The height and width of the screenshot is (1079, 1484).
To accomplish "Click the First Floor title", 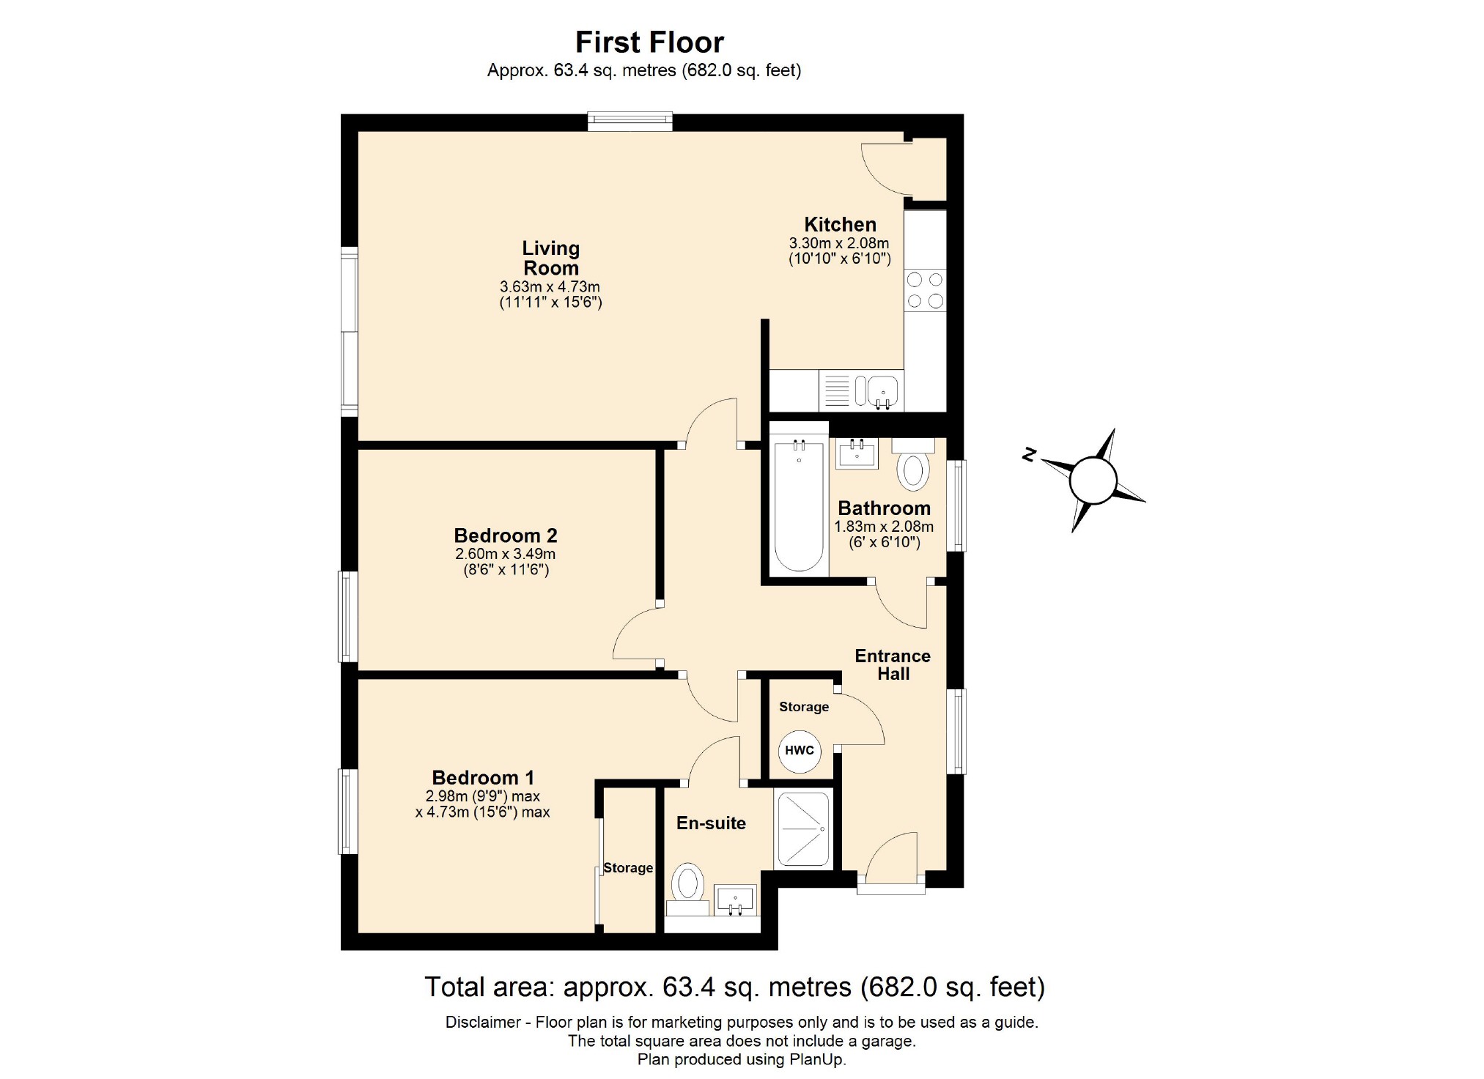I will (649, 42).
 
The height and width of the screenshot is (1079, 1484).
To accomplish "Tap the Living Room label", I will (550, 258).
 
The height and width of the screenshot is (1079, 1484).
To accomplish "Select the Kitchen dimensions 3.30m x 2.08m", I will (838, 243).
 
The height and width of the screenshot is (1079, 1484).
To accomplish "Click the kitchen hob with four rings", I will (925, 290).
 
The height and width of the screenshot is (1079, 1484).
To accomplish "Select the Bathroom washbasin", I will (857, 453).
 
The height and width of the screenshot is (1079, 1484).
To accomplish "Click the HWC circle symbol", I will (799, 750).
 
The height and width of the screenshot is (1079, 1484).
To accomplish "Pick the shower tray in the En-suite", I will (804, 828).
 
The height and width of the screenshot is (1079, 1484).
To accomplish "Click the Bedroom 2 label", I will (505, 535).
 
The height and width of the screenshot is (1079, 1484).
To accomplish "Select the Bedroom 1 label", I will (482, 777).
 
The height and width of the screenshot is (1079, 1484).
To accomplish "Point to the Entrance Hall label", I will (892, 664).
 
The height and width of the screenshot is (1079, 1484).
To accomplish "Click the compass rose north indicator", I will (1029, 455).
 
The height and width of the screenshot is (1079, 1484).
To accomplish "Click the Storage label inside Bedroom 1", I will (627, 868).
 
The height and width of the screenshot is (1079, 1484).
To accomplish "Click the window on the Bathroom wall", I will (956, 505).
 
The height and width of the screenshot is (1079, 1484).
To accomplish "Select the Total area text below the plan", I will (734, 987).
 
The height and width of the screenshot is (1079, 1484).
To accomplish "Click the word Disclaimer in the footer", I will (482, 1022).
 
